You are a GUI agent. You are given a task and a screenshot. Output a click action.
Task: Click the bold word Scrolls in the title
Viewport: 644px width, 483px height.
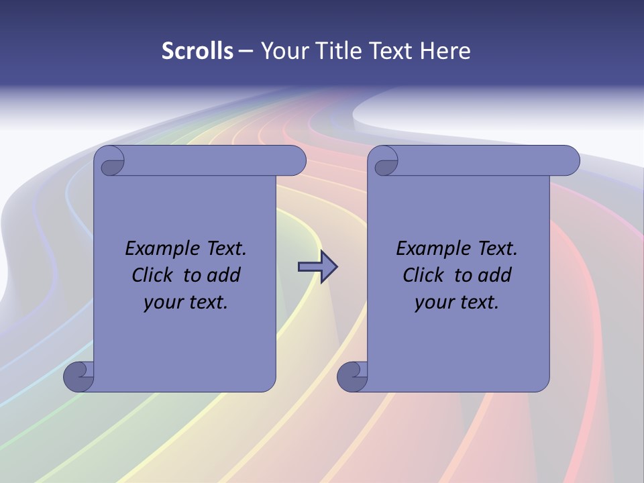tap(197, 51)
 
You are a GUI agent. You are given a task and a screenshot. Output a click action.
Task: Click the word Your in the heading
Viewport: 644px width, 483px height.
tap(285, 51)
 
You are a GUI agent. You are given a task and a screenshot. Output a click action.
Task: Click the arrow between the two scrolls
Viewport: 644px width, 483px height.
tap(317, 267)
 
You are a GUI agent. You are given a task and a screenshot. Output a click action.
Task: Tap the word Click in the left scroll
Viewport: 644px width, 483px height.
tap(153, 275)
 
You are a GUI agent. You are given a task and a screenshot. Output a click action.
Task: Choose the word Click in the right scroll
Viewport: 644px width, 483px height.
tap(423, 275)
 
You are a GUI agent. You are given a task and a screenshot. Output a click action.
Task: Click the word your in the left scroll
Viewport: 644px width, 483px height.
tap(161, 303)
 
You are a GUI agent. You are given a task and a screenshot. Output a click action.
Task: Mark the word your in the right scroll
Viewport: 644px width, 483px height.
tap(432, 303)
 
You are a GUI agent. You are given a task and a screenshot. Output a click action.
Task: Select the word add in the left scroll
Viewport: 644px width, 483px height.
tap(224, 275)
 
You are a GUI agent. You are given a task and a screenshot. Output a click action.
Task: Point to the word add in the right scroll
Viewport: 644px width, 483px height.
tap(495, 275)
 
